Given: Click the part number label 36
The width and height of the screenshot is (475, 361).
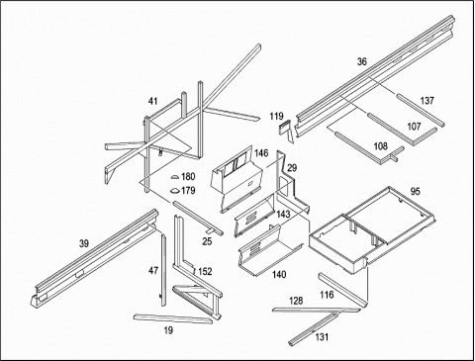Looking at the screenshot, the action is (x=362, y=61).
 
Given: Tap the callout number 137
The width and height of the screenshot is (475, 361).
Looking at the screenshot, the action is (x=427, y=101).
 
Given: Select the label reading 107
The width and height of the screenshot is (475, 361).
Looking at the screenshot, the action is (x=414, y=127).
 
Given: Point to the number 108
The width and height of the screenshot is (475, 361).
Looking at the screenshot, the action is (x=380, y=146).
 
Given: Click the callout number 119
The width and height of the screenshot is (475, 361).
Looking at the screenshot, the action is (x=276, y=116).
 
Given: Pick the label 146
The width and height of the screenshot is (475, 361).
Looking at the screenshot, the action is (x=261, y=153).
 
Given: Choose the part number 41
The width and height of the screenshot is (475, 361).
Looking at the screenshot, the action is (x=152, y=101).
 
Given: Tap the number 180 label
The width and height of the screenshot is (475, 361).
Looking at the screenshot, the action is (x=188, y=177).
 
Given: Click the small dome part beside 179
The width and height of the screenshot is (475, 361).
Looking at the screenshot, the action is (x=174, y=191).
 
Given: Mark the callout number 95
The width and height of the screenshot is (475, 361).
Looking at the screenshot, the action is (x=416, y=191).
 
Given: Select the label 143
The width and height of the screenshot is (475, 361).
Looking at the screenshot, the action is (x=283, y=215).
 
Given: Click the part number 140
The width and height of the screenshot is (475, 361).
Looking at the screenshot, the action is (x=279, y=274).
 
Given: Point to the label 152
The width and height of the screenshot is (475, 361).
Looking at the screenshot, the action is (x=205, y=272).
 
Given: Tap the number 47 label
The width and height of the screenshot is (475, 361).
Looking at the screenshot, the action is (x=153, y=271).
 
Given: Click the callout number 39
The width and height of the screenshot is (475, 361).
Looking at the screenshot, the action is (x=84, y=243).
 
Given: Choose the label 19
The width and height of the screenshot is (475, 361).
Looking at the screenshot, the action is (x=168, y=330).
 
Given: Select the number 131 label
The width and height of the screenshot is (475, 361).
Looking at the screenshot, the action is (x=322, y=337).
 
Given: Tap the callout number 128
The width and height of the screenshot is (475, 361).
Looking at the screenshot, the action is (x=296, y=301).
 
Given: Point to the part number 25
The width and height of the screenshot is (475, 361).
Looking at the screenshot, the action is (x=207, y=241).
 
